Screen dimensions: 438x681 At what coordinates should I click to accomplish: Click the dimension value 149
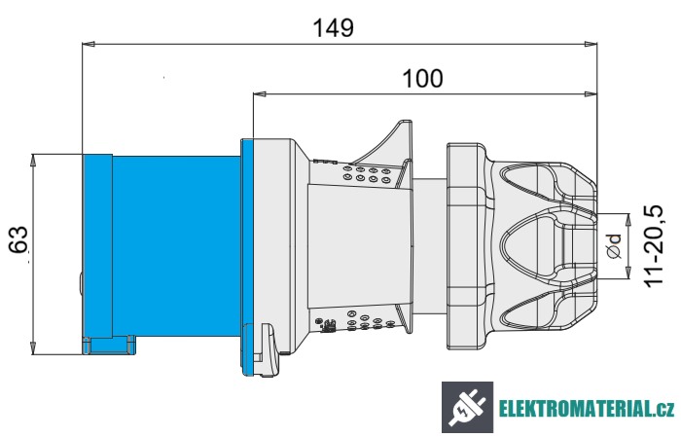pyautogui.click(x=333, y=27)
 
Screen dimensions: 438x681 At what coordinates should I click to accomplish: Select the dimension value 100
pyautogui.click(x=422, y=79)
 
